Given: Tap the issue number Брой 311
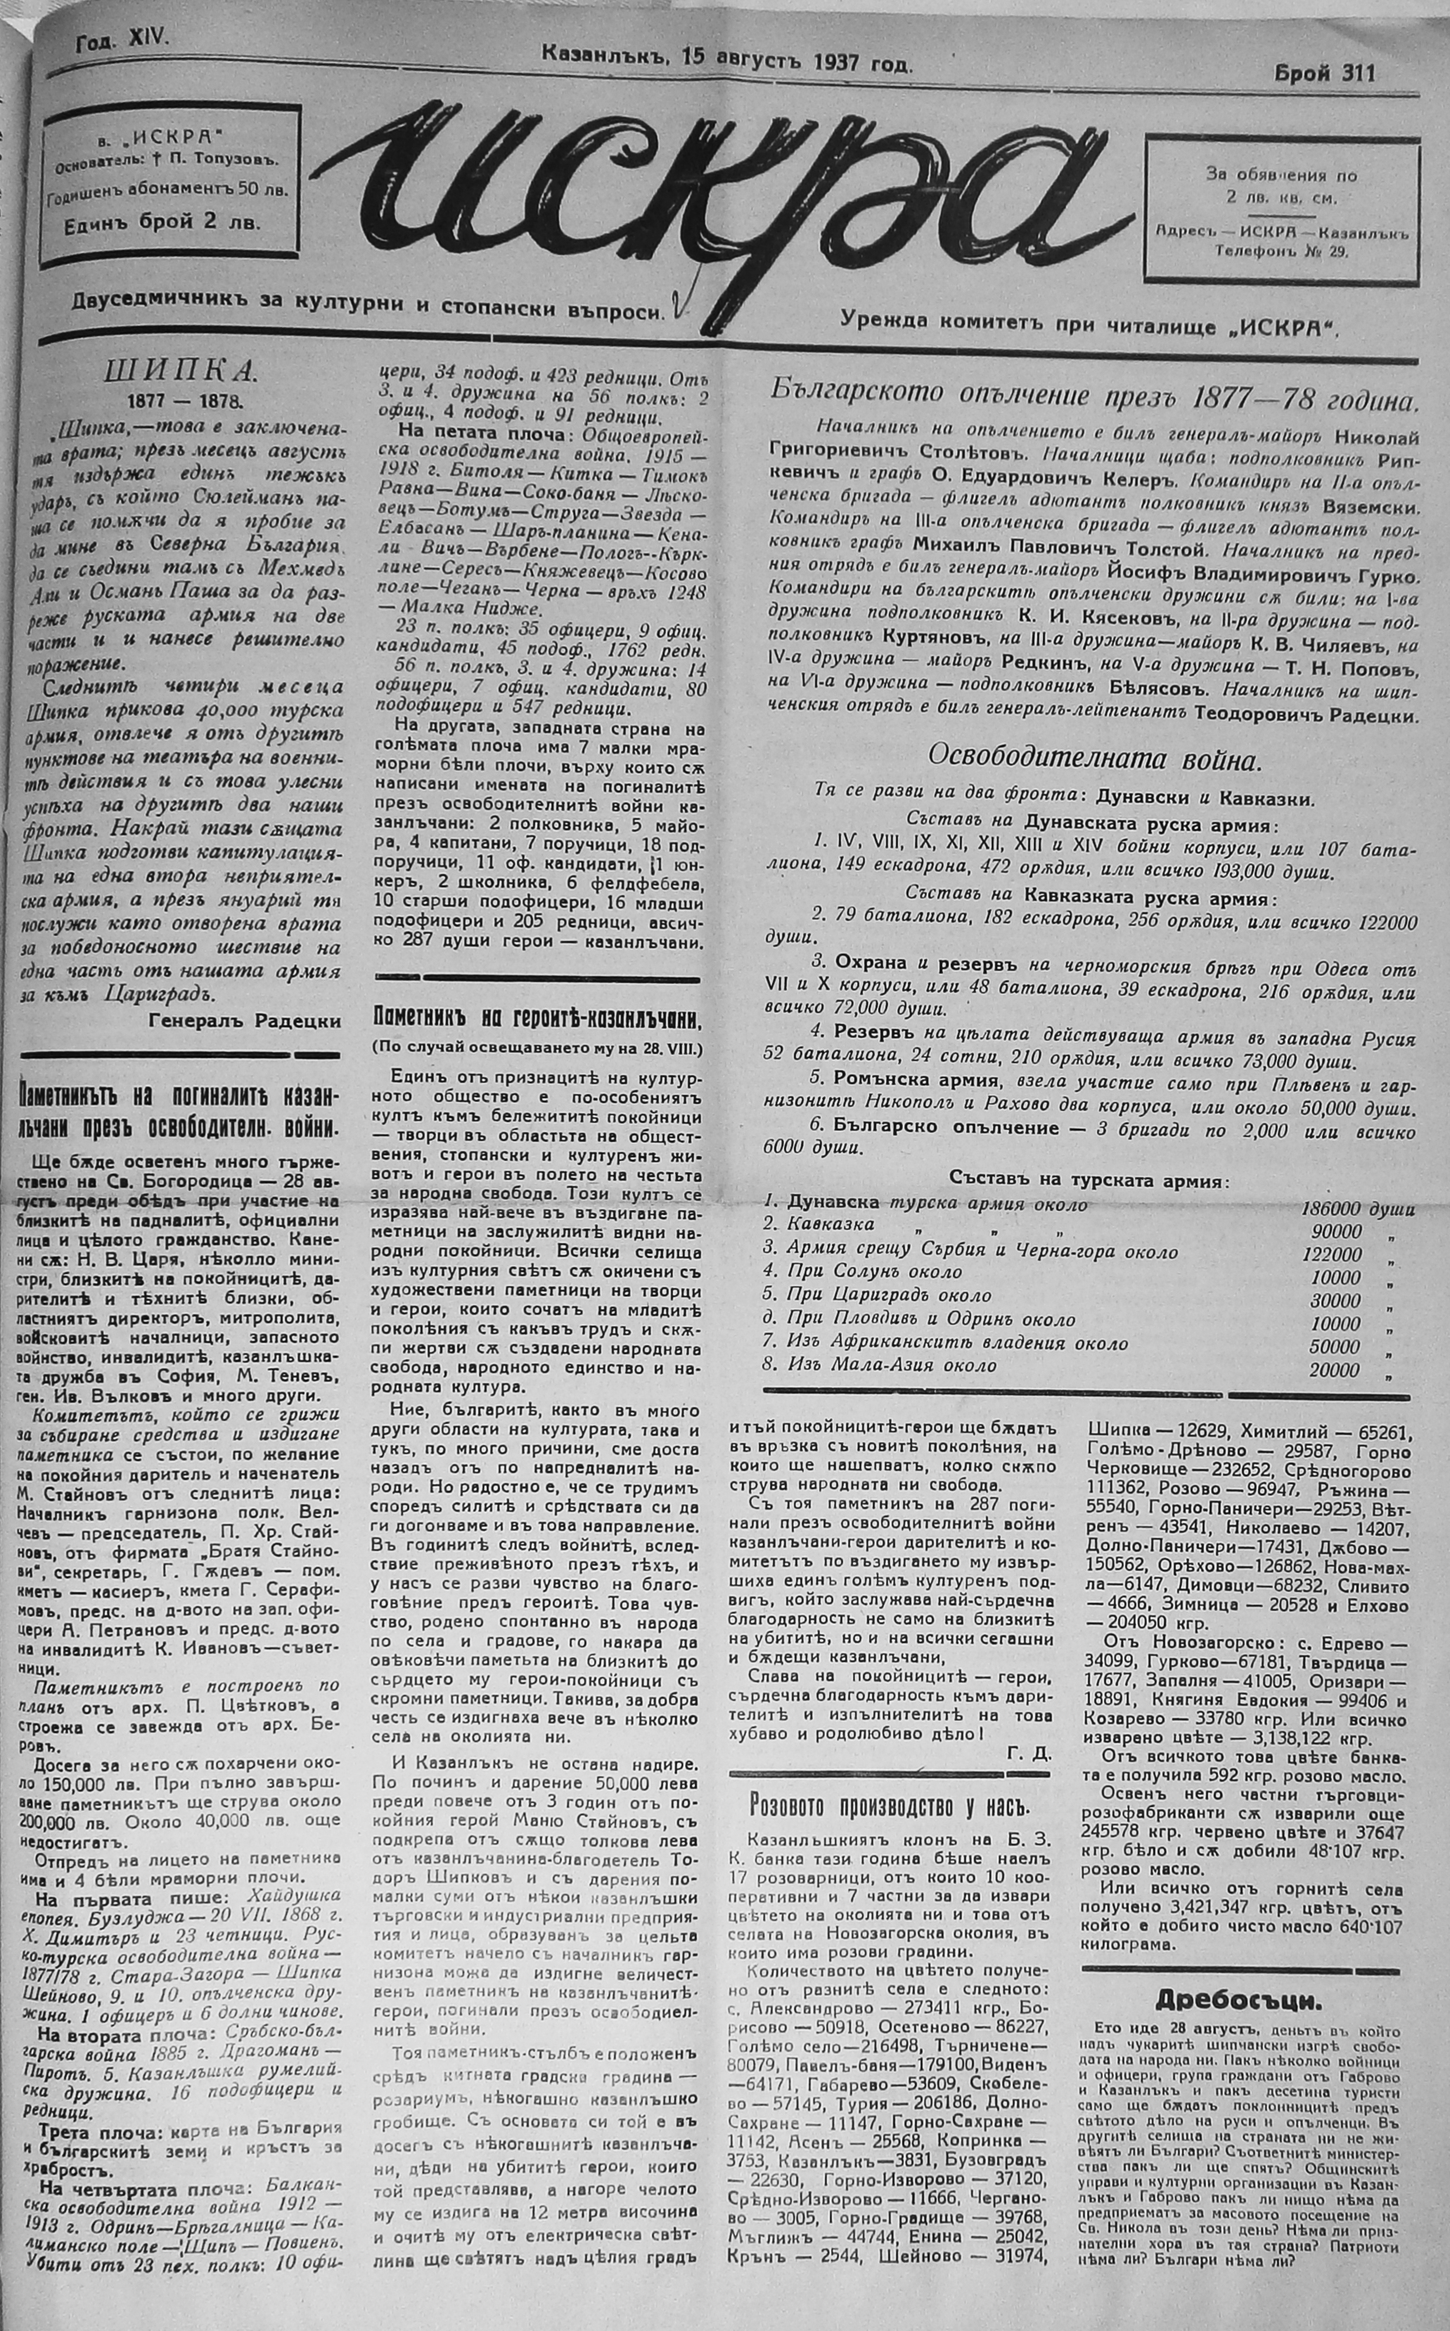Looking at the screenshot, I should (x=1323, y=74).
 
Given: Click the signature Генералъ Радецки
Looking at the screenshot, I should (x=245, y=1021).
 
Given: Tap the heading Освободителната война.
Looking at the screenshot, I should (x=1093, y=759).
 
